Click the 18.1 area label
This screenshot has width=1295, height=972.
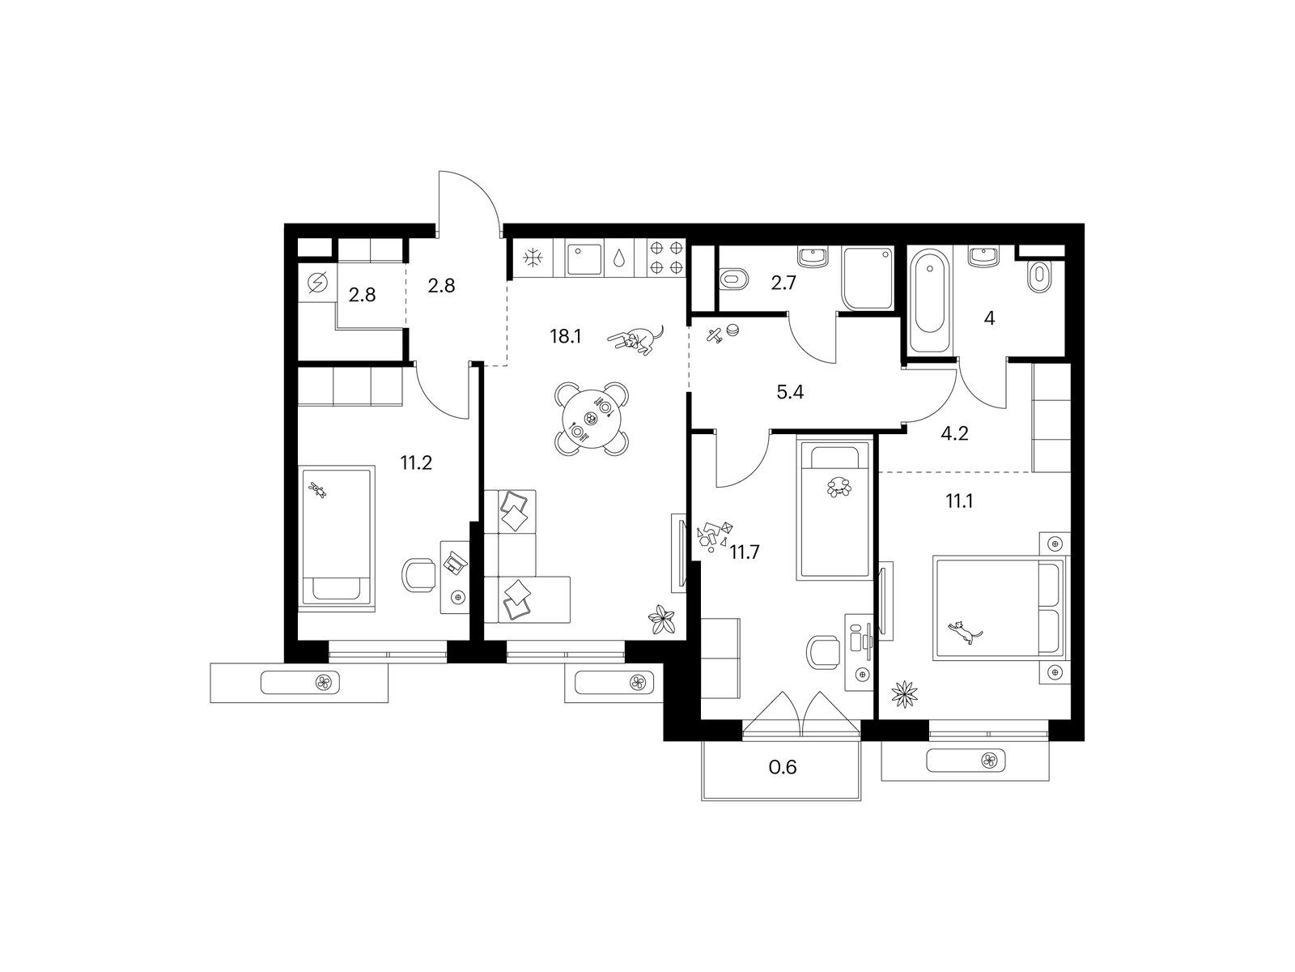point(565,336)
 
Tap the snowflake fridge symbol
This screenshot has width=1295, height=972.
point(533,258)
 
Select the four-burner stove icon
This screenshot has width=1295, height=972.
point(666,258)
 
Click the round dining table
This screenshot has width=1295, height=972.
point(591,419)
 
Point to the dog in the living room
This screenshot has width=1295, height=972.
point(636,340)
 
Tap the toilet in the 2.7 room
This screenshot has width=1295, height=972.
point(734,279)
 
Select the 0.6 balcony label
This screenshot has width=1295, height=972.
point(783,766)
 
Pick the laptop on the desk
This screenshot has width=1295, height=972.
point(456,561)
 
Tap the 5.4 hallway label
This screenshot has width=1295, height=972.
point(789,392)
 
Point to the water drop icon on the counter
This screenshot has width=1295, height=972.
point(619,258)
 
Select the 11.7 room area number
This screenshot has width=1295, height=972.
point(745,552)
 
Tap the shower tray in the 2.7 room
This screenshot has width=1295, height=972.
point(868,278)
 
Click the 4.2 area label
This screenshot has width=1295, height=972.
point(954,434)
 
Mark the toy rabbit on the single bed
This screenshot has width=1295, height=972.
point(318,490)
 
